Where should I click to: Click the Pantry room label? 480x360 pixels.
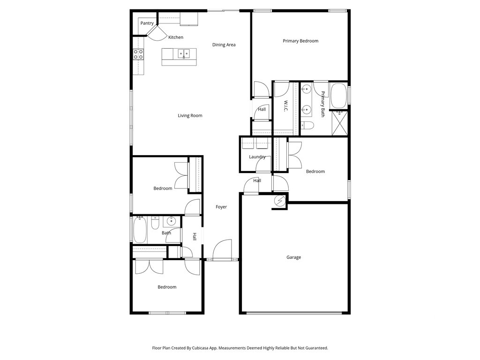tap(147, 23)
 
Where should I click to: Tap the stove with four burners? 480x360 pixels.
tap(138, 54)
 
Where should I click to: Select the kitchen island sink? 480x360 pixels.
tap(184, 54)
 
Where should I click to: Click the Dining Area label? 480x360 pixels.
tap(224, 45)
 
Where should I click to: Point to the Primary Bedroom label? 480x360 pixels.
tap(300, 41)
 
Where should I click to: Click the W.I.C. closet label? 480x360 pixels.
tap(285, 106)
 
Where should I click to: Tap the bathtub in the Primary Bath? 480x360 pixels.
tap(338, 96)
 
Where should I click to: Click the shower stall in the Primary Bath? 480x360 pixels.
tap(340, 123)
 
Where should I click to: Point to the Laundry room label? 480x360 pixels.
tap(257, 157)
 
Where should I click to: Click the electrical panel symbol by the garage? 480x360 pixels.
tap(280, 201)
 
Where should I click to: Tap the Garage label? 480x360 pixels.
tap(293, 257)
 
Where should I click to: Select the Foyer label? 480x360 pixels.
tap(221, 207)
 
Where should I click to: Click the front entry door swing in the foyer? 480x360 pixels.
tap(222, 249)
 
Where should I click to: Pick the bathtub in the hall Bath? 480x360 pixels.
tap(140, 229)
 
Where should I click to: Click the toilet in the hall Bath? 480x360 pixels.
tap(155, 223)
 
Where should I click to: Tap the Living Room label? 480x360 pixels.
tap(190, 115)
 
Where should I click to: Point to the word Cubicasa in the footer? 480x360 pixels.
tap(201, 348)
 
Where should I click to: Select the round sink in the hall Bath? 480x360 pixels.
tap(171, 221)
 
